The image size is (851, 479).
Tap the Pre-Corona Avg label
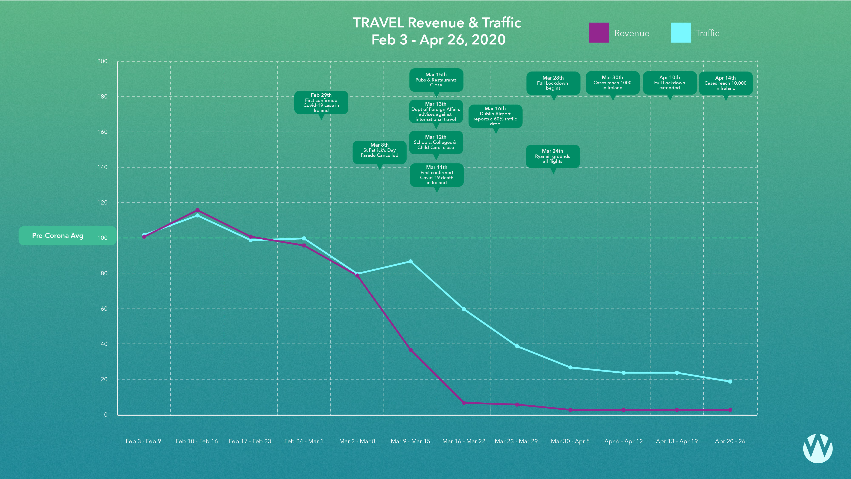tap(58, 236)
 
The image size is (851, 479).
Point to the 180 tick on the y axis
tap(102, 97)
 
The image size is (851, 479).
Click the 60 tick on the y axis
tap(104, 308)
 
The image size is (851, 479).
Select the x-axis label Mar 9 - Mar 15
tap(410, 441)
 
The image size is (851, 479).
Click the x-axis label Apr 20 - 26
tap(730, 441)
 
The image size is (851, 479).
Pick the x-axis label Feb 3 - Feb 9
tap(143, 441)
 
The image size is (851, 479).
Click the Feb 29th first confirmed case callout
tap(321, 103)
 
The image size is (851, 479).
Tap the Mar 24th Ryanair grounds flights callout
tap(553, 156)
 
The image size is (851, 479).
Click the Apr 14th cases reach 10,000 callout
tap(726, 83)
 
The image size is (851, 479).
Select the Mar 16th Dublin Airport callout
tap(495, 116)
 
